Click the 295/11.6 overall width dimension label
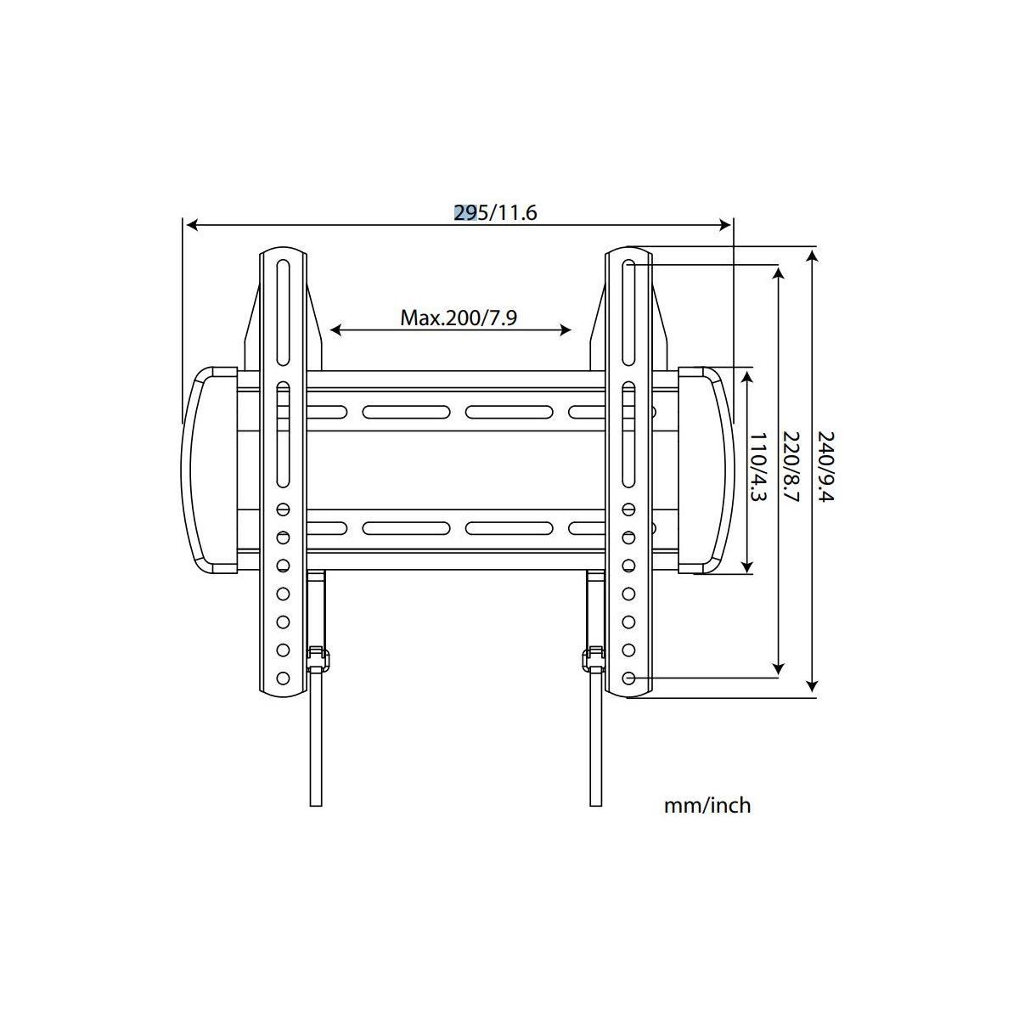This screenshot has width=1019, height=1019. [x=496, y=212]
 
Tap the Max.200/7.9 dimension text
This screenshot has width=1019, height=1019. [x=459, y=318]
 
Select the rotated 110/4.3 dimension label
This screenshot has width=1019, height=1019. [x=757, y=467]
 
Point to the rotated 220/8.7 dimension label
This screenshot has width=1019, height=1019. [x=791, y=467]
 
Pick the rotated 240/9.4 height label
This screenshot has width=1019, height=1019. [x=825, y=467]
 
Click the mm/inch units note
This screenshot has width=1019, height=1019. [x=707, y=805]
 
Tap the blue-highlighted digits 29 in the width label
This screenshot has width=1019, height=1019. [x=464, y=212]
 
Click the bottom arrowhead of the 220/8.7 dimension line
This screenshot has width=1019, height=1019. [x=778, y=670]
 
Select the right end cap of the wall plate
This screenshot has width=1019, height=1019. [x=705, y=470]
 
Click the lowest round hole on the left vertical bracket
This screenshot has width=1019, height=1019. [x=283, y=678]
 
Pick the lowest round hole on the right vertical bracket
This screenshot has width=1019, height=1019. [x=628, y=678]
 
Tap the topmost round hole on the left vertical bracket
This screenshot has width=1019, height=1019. [x=283, y=509]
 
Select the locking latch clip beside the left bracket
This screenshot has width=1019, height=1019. [x=318, y=658]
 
